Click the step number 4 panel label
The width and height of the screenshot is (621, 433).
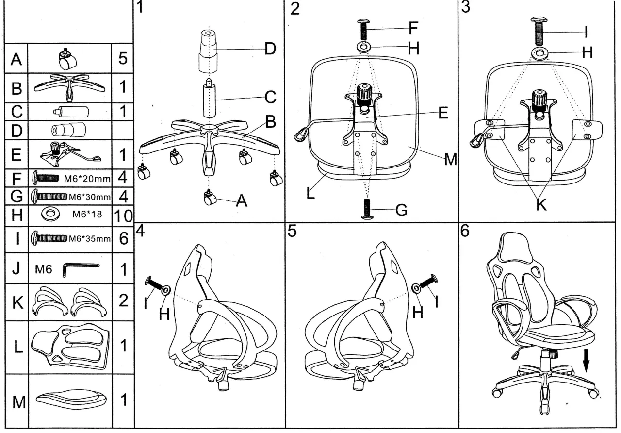pyautogui.click(x=141, y=231)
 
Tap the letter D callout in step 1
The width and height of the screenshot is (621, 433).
pyautogui.click(x=270, y=49)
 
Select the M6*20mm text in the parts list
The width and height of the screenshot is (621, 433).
pyautogui.click(x=87, y=178)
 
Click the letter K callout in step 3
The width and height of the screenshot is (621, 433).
pyautogui.click(x=541, y=205)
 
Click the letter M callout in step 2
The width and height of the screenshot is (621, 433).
pyautogui.click(x=451, y=159)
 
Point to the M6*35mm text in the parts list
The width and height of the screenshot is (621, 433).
pyautogui.click(x=90, y=239)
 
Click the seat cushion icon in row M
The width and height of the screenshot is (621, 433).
pyautogui.click(x=71, y=400)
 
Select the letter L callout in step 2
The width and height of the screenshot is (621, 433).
pyautogui.click(x=310, y=193)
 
